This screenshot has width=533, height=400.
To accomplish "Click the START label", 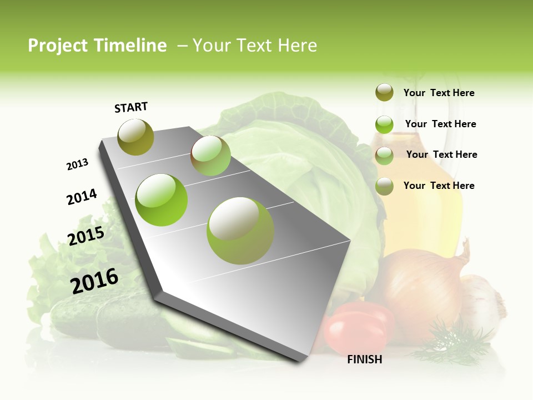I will [x=131, y=107].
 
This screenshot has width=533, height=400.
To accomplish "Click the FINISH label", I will [x=365, y=359].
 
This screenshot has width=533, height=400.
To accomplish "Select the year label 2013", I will [x=78, y=164].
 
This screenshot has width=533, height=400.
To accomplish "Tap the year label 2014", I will [x=82, y=197].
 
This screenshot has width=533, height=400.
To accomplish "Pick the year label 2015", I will [x=86, y=236].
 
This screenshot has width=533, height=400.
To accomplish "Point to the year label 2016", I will [x=94, y=281].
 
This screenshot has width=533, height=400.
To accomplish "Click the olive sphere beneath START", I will [x=135, y=137].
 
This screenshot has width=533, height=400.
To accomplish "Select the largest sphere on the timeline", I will [x=240, y=231].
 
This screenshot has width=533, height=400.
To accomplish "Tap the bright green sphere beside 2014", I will [x=162, y=200].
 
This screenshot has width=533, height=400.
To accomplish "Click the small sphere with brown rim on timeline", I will [x=210, y=156].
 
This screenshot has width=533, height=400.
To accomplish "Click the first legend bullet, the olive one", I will [x=384, y=93].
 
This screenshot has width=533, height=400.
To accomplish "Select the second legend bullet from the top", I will [x=384, y=124].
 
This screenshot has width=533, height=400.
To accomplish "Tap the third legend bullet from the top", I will [x=384, y=156].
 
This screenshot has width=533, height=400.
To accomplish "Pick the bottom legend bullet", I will [x=384, y=186].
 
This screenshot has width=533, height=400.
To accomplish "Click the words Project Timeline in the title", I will [x=97, y=46].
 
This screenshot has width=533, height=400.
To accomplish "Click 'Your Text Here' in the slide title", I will [x=255, y=46].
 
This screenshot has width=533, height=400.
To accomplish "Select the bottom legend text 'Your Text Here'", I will [x=439, y=186].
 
